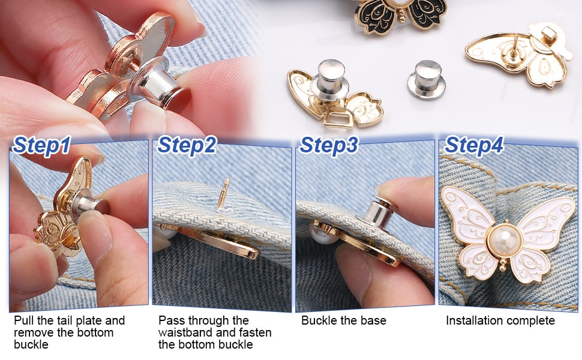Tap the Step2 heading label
[186, 146]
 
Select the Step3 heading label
[329, 146]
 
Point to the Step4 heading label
[474, 146]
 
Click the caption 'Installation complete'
[500, 320]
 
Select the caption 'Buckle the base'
[344, 320]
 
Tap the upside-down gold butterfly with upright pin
[520, 54]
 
